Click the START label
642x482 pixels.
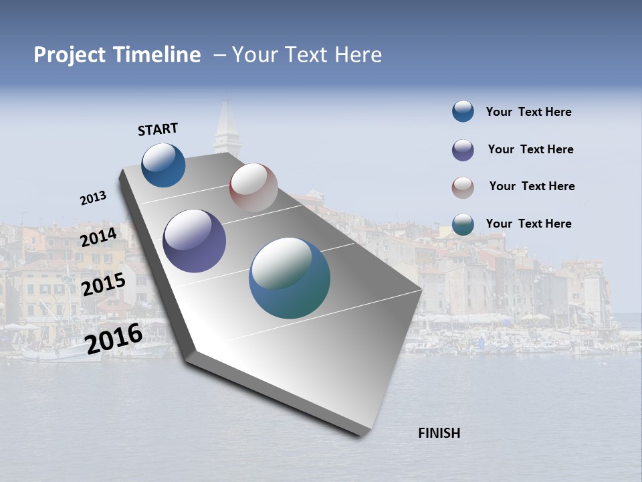tap(158, 129)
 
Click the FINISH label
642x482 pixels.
tap(439, 433)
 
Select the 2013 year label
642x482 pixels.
tap(93, 198)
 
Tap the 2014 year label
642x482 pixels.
tap(99, 238)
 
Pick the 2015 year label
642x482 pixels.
tap(103, 285)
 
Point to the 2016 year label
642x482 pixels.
tap(114, 338)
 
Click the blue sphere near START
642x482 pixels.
tap(163, 165)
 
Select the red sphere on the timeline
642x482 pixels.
tap(253, 187)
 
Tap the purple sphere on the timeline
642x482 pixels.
tap(195, 241)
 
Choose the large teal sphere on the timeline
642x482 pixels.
tap(290, 278)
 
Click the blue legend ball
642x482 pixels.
tap(463, 111)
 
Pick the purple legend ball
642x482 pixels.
tap(463, 150)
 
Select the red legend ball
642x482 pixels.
tap(463, 187)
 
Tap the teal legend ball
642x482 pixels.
tap(463, 224)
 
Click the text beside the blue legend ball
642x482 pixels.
tap(528, 112)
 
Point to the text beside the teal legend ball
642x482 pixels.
tap(528, 224)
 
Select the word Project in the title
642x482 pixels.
tap(71, 55)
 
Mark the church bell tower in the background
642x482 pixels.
tap(227, 131)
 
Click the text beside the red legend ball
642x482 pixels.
tap(532, 186)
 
